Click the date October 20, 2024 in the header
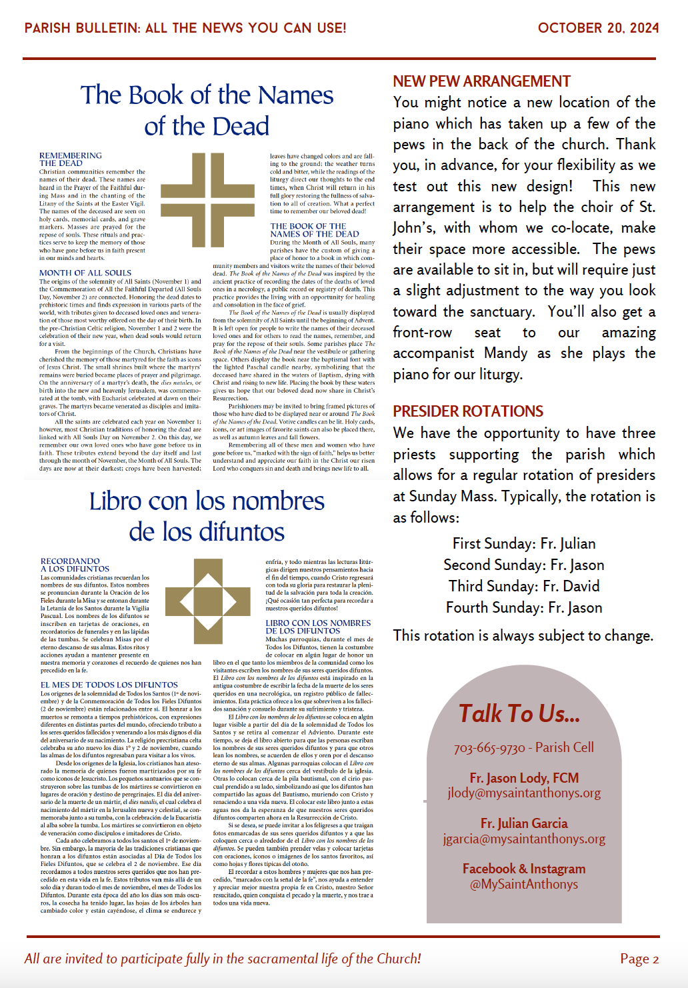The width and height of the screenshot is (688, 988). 598,28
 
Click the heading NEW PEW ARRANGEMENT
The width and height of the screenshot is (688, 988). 481,81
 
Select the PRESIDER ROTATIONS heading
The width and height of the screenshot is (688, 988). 468,411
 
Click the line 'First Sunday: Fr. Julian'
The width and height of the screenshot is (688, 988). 524,543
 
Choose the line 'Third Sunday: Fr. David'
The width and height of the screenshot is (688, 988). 524,586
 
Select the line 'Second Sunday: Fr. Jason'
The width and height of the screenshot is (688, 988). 524,565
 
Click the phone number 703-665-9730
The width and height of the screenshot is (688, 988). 489,748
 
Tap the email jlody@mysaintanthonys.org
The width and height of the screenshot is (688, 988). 524,793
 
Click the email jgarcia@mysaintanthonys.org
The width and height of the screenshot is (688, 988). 524,839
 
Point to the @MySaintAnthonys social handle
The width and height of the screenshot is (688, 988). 524,884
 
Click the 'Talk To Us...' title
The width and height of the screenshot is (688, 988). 519,714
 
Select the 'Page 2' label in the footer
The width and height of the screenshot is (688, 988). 639,959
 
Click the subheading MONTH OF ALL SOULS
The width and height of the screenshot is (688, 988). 85,273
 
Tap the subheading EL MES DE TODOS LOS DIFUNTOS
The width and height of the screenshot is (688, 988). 109,685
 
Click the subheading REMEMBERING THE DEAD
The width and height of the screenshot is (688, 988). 70,159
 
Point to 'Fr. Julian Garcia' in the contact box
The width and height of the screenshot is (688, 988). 524,823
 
